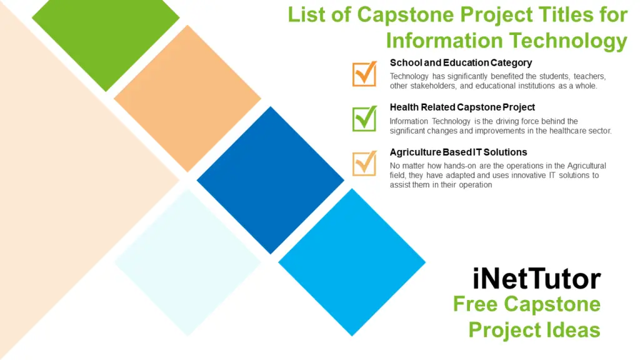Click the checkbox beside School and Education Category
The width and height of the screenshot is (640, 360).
364,74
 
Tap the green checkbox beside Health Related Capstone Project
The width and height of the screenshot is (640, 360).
364,119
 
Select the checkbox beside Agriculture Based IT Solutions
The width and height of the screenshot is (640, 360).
364,164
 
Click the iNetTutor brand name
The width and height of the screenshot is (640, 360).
537,279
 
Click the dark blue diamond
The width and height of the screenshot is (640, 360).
270,180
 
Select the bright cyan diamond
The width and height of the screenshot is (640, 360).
352,262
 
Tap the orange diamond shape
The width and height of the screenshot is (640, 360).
187,99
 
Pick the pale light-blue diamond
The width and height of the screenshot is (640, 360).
187,262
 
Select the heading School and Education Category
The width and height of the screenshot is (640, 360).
461,62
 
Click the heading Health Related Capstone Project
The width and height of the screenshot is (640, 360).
462,107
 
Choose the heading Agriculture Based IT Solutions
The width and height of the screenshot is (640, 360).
458,152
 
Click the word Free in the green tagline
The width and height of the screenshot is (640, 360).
476,304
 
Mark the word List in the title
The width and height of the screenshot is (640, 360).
307,14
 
